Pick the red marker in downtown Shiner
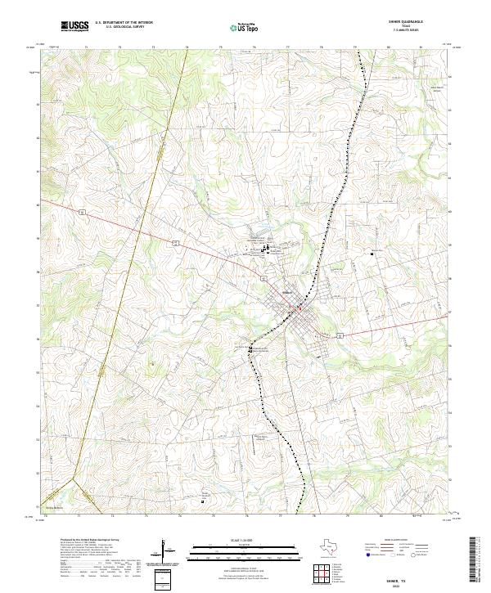(300, 309)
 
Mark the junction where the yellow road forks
(74, 478)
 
